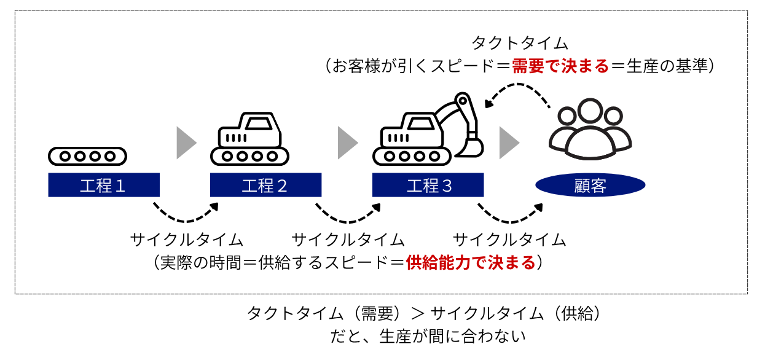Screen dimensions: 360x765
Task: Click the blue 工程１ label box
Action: pyautogui.click(x=104, y=185)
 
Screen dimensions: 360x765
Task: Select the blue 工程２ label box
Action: pyautogui.click(x=265, y=185)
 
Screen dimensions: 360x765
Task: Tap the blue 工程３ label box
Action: pyautogui.click(x=428, y=185)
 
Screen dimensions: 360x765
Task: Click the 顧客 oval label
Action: pyautogui.click(x=590, y=185)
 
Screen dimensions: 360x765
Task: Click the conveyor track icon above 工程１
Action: pyautogui.click(x=87, y=156)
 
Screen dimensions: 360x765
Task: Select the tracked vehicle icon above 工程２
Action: pyautogui.click(x=250, y=139)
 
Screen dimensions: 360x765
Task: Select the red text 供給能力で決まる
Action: pyautogui.click(x=471, y=262)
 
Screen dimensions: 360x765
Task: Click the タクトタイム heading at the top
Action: pyautogui.click(x=520, y=43)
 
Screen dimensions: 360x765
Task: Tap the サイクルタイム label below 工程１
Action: pyautogui.click(x=187, y=239)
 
